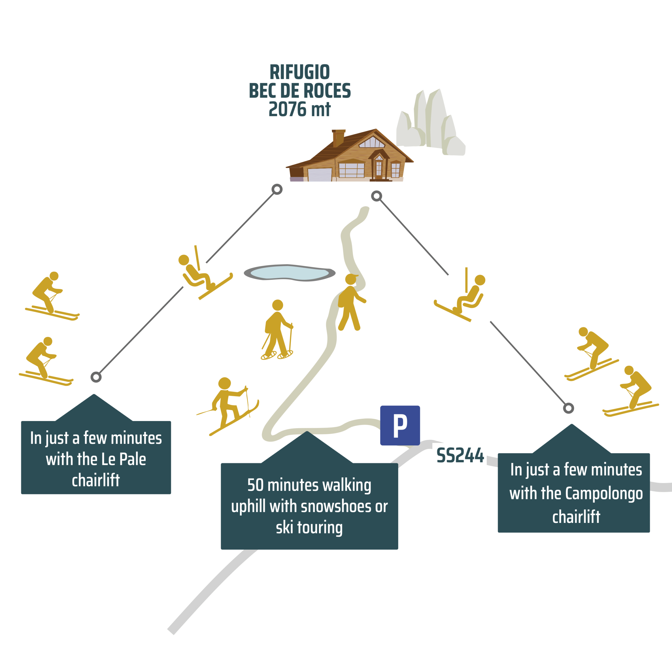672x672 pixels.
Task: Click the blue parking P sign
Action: (x=400, y=426)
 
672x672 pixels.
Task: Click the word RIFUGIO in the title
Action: (x=300, y=72)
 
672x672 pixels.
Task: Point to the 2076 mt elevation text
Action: (x=300, y=109)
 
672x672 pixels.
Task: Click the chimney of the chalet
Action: (x=338, y=138)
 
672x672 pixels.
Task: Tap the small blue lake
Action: (x=289, y=273)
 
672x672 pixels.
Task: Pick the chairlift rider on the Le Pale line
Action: (x=202, y=275)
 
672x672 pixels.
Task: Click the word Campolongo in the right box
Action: (x=604, y=493)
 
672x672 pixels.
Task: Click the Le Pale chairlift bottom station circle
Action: (x=96, y=377)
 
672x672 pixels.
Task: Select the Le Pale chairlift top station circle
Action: (x=277, y=189)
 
